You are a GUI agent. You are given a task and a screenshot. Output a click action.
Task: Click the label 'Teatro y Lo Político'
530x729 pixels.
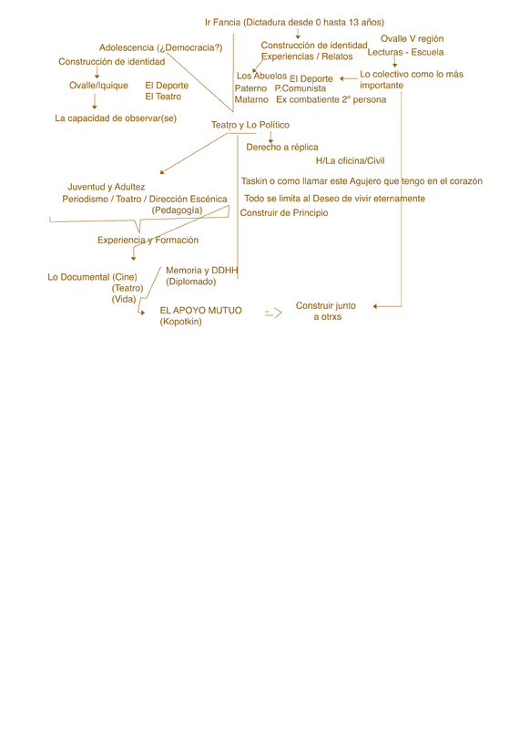tap(250, 125)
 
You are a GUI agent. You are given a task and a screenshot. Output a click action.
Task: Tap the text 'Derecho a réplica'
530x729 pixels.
tap(282, 147)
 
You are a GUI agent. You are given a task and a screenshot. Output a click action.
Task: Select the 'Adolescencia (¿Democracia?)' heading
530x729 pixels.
tap(160, 47)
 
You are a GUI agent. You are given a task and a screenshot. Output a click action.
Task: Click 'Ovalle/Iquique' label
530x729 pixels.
tap(98, 85)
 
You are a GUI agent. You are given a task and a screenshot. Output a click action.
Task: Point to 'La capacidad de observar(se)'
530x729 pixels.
tap(116, 118)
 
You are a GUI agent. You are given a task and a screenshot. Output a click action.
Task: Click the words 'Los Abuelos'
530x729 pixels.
tap(261, 76)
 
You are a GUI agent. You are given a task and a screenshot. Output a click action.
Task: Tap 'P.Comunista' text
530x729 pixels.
tap(301, 88)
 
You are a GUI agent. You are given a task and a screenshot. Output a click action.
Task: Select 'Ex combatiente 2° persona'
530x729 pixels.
tap(331, 99)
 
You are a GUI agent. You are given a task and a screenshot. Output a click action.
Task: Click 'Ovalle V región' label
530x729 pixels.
tap(412, 38)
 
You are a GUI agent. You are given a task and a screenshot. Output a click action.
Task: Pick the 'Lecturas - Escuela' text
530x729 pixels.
tap(405, 52)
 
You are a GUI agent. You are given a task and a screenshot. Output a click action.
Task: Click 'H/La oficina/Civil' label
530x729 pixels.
tap(351, 160)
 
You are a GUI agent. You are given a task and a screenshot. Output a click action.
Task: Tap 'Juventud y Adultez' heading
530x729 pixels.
tap(107, 187)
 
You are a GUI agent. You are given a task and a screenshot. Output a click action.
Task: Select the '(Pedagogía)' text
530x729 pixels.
tap(177, 210)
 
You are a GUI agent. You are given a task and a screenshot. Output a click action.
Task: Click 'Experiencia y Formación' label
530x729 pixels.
tap(148, 240)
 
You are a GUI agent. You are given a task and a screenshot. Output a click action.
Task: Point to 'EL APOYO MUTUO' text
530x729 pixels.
tap(200, 310)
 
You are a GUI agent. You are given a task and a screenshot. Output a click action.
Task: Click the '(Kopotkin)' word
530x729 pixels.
tap(180, 322)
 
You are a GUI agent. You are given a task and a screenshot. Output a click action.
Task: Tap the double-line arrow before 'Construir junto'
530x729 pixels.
tap(273, 313)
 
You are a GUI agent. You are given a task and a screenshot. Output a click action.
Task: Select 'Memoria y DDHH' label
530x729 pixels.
tap(202, 270)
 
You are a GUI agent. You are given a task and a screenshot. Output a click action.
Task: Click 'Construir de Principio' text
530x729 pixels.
tap(284, 213)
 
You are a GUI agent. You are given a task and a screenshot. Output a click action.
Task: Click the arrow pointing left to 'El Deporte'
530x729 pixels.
tap(349, 78)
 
